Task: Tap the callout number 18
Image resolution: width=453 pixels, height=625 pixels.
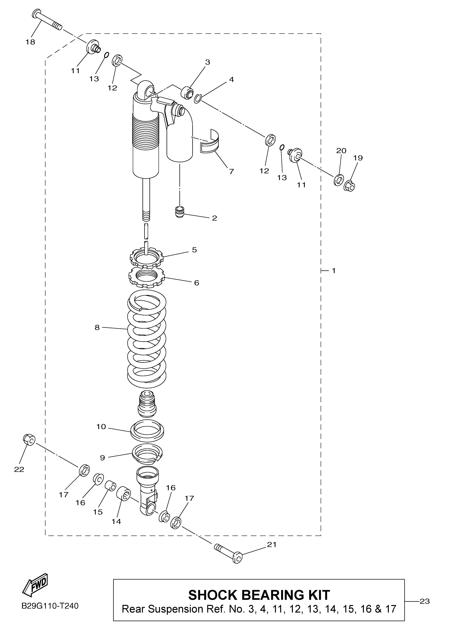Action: coord(30,42)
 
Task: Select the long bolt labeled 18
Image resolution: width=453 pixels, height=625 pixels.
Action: coord(47,20)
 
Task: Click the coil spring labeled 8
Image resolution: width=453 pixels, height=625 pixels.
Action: coord(147,339)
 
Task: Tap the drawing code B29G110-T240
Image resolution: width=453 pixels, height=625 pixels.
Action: coord(50,606)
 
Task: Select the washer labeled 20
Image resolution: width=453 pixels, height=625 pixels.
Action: coord(339,180)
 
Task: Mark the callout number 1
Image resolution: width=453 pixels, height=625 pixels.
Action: coord(334,271)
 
